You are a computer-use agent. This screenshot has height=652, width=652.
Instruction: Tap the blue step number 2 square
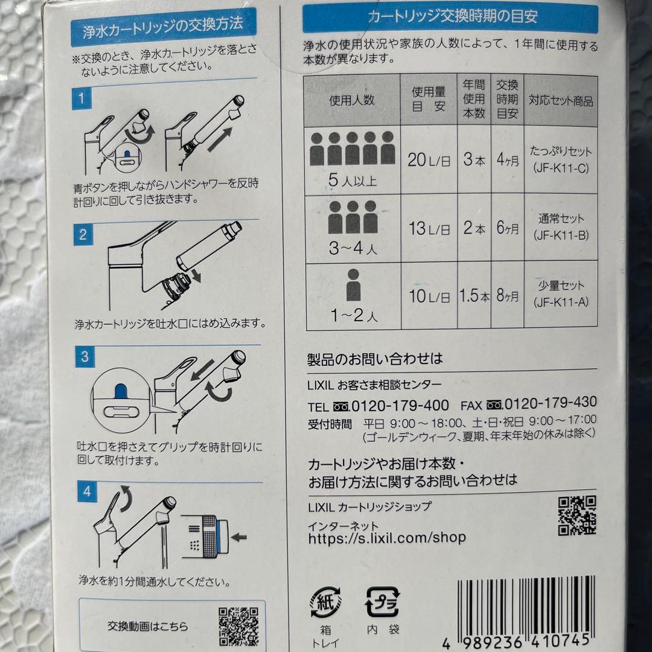click(83, 235)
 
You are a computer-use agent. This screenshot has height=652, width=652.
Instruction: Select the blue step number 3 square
click(85, 357)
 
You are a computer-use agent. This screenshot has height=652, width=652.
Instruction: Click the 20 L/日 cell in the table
click(428, 160)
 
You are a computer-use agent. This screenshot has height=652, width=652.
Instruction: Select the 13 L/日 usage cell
click(429, 229)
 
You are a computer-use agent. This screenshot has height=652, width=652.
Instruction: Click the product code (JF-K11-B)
click(561, 235)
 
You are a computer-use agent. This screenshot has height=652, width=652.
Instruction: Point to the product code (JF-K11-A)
click(561, 302)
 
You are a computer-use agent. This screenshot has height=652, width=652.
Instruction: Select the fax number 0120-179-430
click(550, 403)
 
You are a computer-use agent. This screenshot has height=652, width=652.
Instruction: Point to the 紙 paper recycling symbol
click(325, 601)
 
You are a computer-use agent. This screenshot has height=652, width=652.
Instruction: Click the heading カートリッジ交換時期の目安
click(451, 18)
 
